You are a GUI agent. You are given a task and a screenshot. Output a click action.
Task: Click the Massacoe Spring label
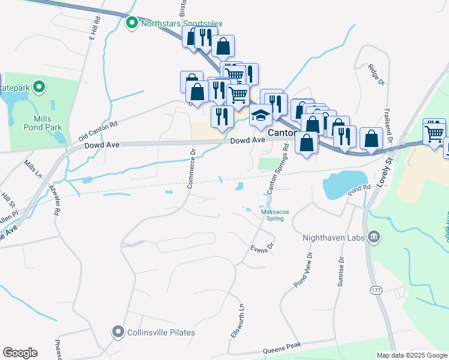tap(272, 215)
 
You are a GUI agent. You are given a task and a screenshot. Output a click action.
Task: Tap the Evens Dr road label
tap(262, 247)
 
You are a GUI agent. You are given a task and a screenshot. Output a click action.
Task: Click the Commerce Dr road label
tap(191, 169)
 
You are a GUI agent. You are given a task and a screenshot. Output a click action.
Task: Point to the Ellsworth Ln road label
tap(238, 325)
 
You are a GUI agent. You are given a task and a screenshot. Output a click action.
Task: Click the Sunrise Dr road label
tap(341, 272)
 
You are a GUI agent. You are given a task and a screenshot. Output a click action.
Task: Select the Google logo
tap(20, 353)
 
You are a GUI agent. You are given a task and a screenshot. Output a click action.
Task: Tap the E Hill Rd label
tap(92, 28)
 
